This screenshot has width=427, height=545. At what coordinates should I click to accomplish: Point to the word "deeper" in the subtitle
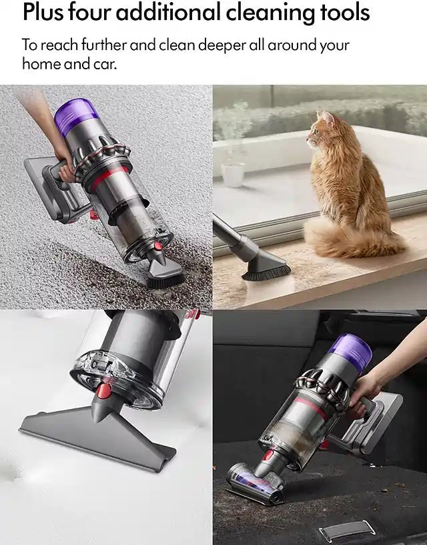[244, 45]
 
